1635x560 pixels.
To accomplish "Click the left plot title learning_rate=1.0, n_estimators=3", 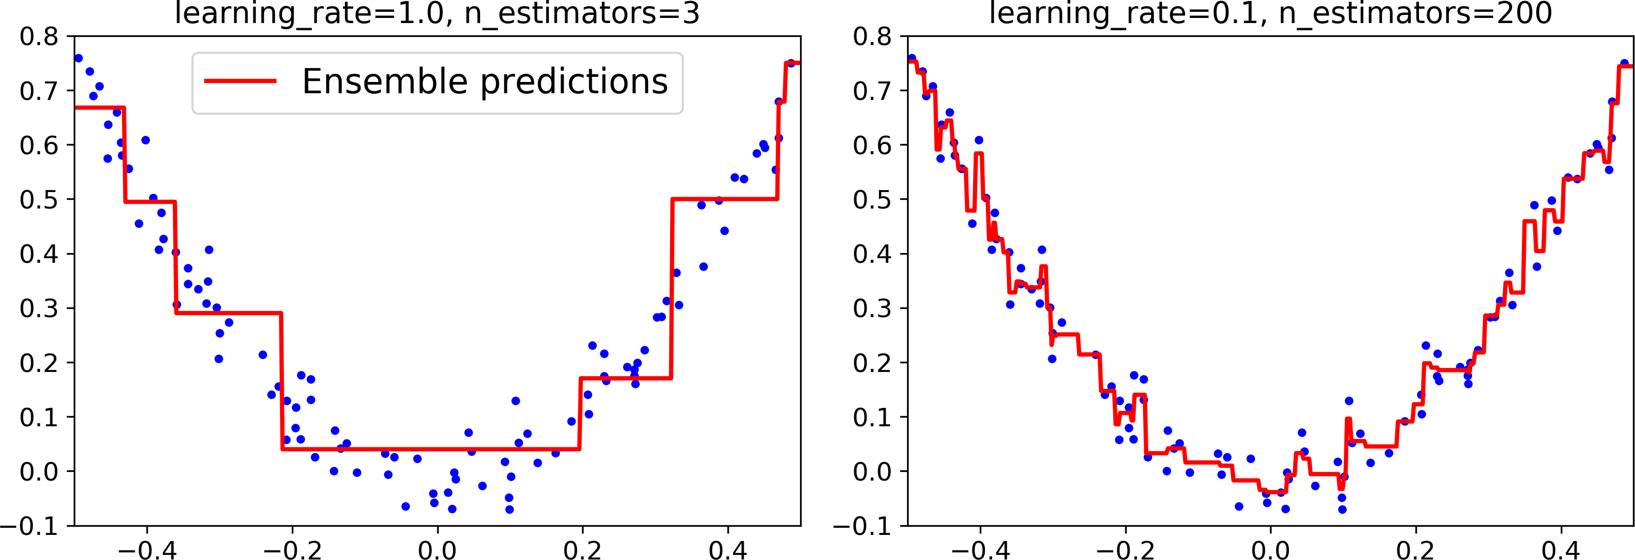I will pos(437,14).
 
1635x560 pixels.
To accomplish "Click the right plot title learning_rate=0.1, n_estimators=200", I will pos(1270,14).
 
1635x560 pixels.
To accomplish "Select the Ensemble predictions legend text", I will pos(485,82).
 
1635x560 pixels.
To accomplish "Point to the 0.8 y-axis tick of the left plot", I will pos(39,37).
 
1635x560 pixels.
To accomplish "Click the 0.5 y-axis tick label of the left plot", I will pos(39,200).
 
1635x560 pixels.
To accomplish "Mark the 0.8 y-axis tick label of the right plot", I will pos(872,37).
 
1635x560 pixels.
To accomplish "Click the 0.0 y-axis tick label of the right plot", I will pos(872,472).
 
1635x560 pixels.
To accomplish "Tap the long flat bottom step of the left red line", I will pos(432,449).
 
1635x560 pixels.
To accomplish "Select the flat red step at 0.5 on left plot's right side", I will pos(723,199).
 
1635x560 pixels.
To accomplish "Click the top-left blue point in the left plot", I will pos(79,58).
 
